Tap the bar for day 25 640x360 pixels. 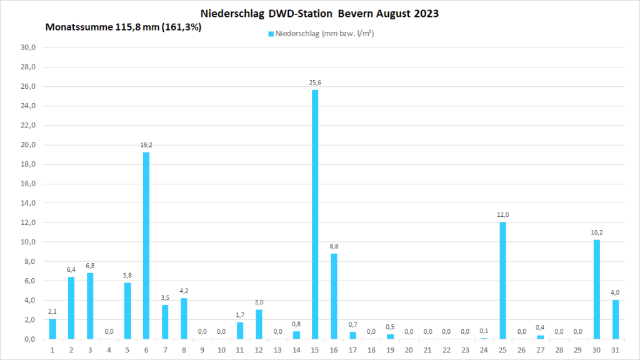[502, 281]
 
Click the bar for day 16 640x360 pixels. [334, 296]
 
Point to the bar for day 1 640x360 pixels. [52, 329]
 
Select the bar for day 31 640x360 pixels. [615, 319]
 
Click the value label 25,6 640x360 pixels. [315, 82]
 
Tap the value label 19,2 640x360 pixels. [146, 144]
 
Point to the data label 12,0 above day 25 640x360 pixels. [502, 214]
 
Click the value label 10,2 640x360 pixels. [596, 232]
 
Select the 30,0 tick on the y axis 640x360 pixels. [29, 47]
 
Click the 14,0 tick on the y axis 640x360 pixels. [29, 203]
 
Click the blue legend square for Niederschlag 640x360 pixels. [271, 34]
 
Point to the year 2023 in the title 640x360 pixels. [425, 13]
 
